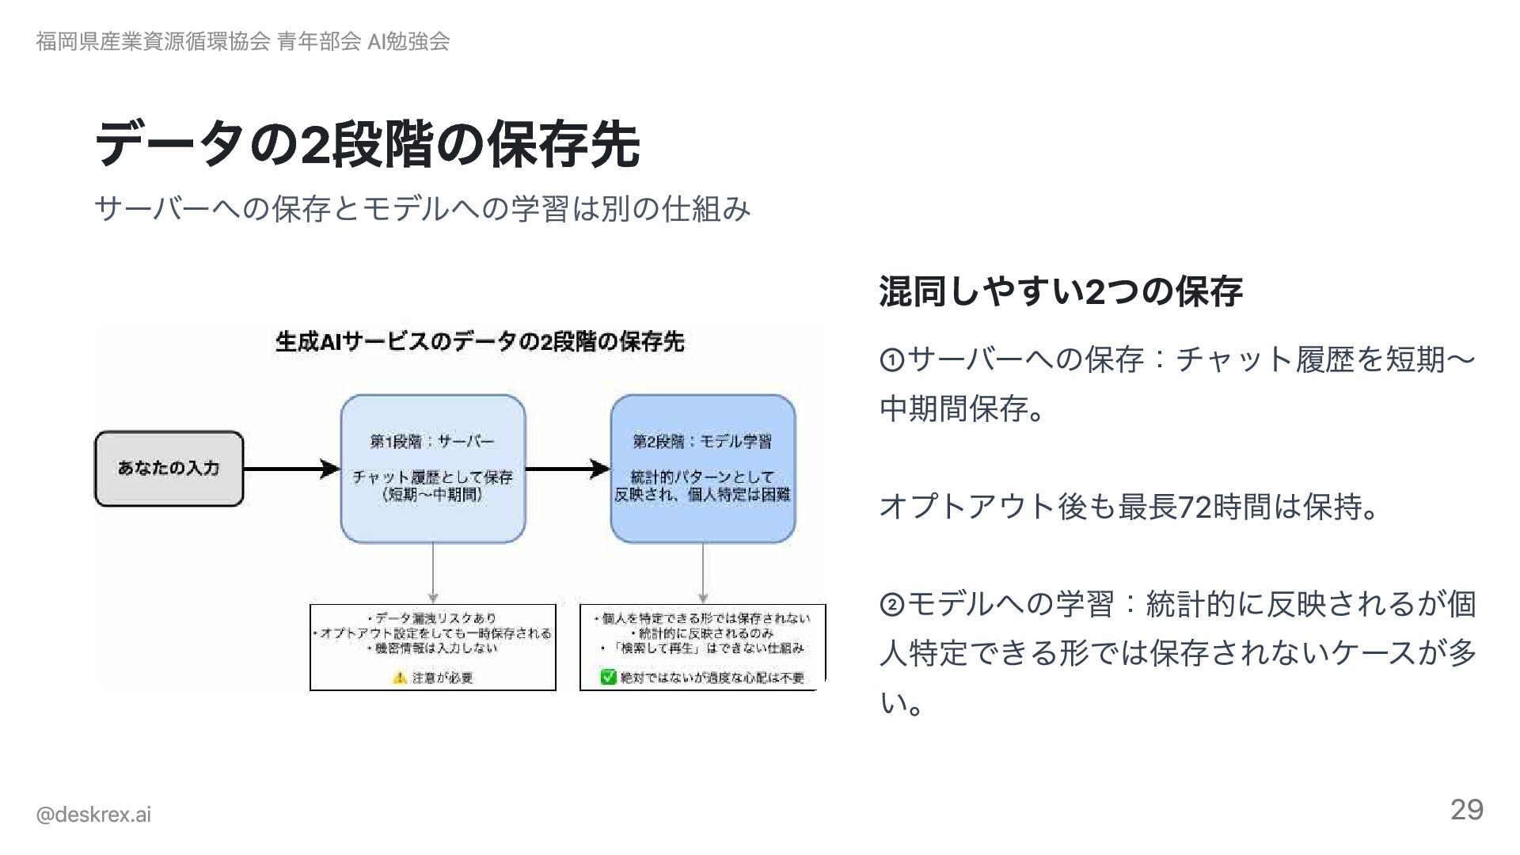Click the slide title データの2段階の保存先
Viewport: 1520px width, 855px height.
click(367, 144)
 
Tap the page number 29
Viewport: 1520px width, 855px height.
click(1466, 810)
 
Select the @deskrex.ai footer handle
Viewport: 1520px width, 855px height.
click(93, 815)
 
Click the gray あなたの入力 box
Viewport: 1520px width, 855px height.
click(169, 468)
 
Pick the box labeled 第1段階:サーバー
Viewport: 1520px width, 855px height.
click(432, 468)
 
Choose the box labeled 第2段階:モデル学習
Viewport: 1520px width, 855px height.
click(702, 468)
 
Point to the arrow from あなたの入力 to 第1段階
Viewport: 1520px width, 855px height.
click(291, 469)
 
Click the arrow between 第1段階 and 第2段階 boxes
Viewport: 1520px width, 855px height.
click(567, 469)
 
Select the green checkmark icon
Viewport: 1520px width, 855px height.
click(608, 678)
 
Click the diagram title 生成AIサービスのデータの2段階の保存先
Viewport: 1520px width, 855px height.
click(480, 342)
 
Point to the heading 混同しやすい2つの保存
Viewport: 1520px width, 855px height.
click(1061, 291)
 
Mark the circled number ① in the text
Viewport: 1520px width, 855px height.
click(892, 361)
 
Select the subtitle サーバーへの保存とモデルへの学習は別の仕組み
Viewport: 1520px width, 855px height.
click(422, 209)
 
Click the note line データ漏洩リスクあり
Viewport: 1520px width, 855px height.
click(432, 618)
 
